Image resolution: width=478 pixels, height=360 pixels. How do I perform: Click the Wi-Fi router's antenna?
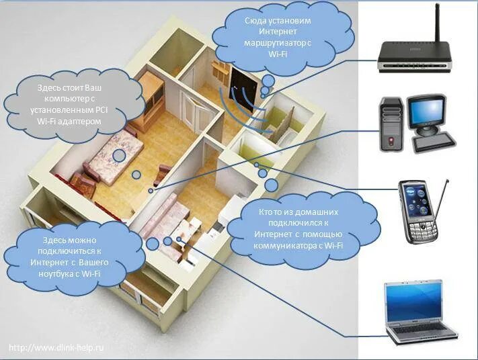click(x=437, y=24)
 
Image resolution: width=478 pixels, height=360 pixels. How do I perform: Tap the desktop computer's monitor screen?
click(x=428, y=109)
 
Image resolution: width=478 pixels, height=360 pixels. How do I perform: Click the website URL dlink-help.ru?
click(x=57, y=348)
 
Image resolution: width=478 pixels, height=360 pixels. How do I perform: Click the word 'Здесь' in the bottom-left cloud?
click(x=56, y=240)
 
